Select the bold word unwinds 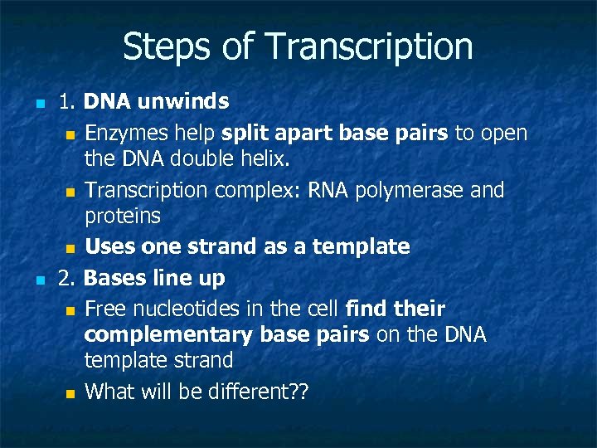click(184, 102)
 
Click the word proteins click(123, 216)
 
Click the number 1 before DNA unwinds click(65, 102)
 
